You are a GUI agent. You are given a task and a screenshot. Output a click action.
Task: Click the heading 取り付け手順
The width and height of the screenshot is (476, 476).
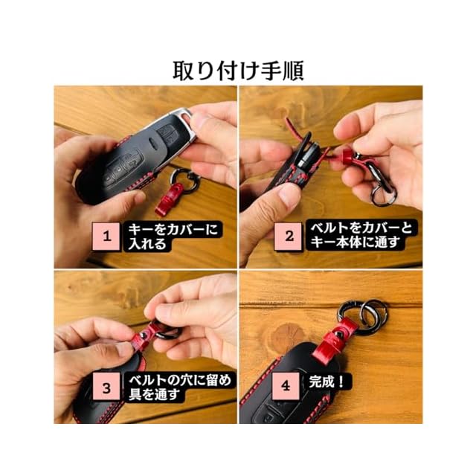(x=238, y=71)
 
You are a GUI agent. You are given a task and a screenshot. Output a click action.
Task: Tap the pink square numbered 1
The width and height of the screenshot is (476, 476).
(x=106, y=237)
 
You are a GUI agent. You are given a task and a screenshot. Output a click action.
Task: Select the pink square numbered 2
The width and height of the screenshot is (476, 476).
(x=289, y=237)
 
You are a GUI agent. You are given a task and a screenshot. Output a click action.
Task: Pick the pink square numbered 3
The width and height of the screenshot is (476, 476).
(x=106, y=387)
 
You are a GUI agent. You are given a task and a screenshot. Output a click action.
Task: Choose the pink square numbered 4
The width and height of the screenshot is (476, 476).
(x=286, y=386)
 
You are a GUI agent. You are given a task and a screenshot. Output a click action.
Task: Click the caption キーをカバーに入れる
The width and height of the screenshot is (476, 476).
(x=172, y=237)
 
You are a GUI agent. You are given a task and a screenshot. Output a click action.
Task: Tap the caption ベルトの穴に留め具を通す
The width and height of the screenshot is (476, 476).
(x=180, y=387)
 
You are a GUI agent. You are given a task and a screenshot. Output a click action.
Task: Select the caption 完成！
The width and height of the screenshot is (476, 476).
(x=327, y=382)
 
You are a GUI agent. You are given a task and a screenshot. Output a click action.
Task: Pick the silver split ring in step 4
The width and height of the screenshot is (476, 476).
(x=373, y=312)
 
